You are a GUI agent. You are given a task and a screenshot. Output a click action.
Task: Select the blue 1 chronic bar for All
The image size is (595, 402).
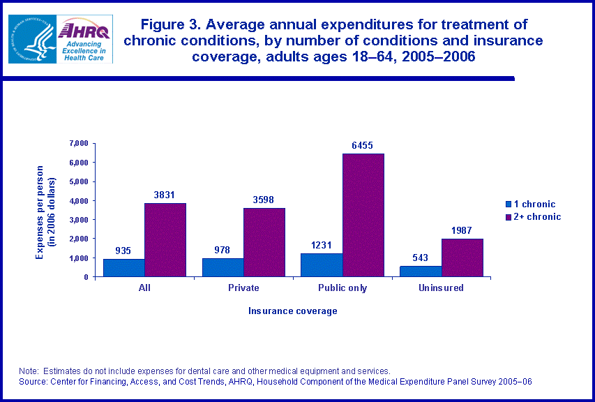click(x=124, y=268)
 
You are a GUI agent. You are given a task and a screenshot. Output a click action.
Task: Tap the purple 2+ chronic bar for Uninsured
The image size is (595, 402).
click(x=462, y=258)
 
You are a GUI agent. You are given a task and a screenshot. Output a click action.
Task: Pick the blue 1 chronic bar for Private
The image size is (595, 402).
click(x=223, y=267)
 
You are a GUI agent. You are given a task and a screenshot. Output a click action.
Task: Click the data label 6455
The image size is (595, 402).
click(x=362, y=146)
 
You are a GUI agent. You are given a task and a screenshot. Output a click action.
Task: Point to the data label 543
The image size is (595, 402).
click(x=421, y=258)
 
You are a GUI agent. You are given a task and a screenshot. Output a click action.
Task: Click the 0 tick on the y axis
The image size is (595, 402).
click(x=85, y=277)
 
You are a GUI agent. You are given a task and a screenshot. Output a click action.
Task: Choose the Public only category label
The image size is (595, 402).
click(x=342, y=288)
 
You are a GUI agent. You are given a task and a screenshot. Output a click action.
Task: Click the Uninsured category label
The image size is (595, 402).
click(x=441, y=288)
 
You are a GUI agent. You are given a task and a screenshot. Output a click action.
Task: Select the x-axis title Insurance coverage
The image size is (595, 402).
click(x=293, y=311)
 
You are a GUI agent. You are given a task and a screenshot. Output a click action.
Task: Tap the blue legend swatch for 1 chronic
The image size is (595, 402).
click(x=508, y=204)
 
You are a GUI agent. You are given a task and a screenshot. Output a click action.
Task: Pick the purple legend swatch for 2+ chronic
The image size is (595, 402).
click(x=508, y=217)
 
